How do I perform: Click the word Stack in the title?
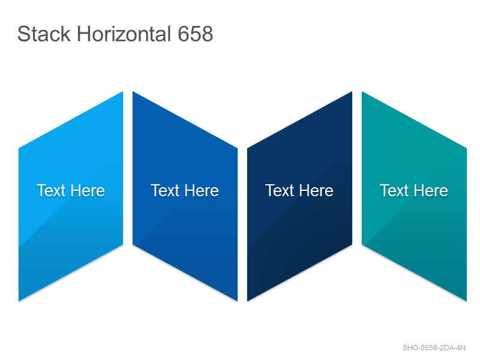[x=44, y=34]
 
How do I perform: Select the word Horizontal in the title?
[x=124, y=34]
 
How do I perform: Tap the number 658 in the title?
[x=196, y=34]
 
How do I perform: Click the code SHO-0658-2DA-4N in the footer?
[x=434, y=348]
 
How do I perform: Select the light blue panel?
[x=71, y=196]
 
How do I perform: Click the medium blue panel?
[x=185, y=196]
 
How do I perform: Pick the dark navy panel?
[x=299, y=196]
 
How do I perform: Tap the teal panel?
[x=414, y=196]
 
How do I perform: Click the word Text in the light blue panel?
[x=51, y=190]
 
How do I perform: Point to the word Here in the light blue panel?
[x=88, y=190]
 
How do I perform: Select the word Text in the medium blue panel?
[x=166, y=190]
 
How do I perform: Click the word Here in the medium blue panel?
[x=202, y=190]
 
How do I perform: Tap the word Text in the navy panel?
[x=280, y=190]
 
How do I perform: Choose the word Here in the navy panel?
[x=317, y=190]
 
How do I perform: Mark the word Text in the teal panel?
[x=395, y=190]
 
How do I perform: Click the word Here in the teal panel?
[x=431, y=190]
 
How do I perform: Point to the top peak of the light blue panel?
[x=122, y=92]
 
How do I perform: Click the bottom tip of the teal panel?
[x=466, y=301]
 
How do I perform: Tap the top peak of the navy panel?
[x=352, y=92]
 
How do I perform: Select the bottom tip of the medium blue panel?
[x=237, y=301]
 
